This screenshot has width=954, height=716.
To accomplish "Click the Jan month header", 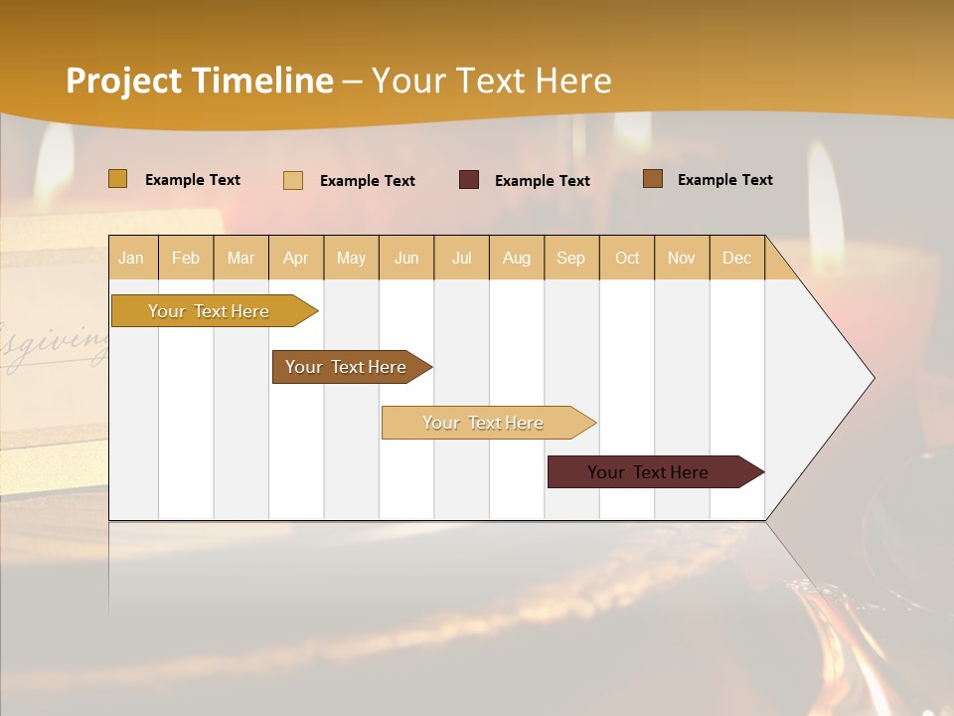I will pyautogui.click(x=131, y=258).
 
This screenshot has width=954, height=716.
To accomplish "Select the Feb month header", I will pyautogui.click(x=186, y=258).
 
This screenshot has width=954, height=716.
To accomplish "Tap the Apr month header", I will pyautogui.click(x=296, y=258).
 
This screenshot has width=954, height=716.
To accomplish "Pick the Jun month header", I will pyautogui.click(x=406, y=258).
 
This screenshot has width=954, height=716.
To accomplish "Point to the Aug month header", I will pyautogui.click(x=517, y=258).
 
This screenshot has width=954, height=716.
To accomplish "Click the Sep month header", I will pyautogui.click(x=571, y=258).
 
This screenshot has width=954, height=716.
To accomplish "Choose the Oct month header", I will pyautogui.click(x=627, y=258).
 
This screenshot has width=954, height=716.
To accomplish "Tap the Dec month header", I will pyautogui.click(x=737, y=258).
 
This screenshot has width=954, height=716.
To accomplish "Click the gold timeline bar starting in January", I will pyautogui.click(x=209, y=311).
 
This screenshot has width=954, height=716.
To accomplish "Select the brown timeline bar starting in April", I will pyautogui.click(x=347, y=367).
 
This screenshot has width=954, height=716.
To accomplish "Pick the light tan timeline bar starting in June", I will pyautogui.click(x=483, y=423).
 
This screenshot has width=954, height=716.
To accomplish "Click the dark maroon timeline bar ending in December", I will pyautogui.click(x=648, y=472).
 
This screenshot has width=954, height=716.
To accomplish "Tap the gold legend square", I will pyautogui.click(x=117, y=179).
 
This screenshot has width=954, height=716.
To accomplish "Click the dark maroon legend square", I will pyautogui.click(x=469, y=179).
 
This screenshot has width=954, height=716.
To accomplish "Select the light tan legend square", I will pyautogui.click(x=293, y=180).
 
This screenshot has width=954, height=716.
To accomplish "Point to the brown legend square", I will pyautogui.click(x=653, y=179).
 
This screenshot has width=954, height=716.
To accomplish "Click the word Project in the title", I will pyautogui.click(x=123, y=81).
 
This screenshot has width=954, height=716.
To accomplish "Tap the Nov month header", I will pyautogui.click(x=682, y=258).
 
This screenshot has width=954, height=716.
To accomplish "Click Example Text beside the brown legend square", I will pyautogui.click(x=724, y=180).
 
